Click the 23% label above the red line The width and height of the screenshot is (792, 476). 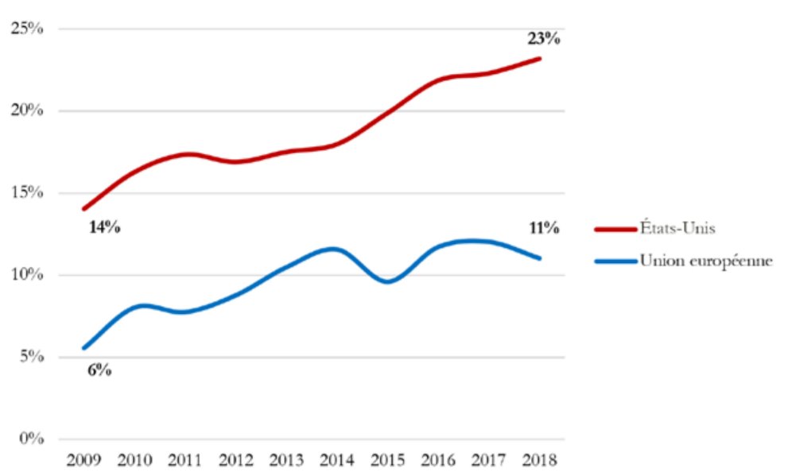pos(544,39)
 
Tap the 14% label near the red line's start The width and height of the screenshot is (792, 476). pos(104,227)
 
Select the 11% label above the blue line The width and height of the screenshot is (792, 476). pos(544,228)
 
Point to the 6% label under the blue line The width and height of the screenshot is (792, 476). pos(99,370)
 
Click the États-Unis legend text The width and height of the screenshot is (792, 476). pos(677,227)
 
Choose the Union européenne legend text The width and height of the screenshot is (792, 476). pos(706,261)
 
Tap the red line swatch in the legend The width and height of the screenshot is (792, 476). pos(615,229)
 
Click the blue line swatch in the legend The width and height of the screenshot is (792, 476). pos(615,261)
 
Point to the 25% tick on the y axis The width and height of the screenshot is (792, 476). pos(27,29)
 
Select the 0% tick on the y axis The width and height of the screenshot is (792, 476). pos(32,439)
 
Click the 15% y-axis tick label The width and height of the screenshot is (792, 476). pos(27,192)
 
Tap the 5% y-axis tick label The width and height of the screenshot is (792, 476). pos(32,356)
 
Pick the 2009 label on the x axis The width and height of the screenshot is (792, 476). pos(83,460)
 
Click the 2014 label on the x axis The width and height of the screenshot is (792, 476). pos(337,460)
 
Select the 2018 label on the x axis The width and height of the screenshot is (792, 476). pos(539,460)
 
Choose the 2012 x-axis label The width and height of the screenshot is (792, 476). pos(236,460)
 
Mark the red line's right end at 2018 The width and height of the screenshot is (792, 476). pos(539,59)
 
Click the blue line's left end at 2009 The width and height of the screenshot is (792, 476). pos(84,348)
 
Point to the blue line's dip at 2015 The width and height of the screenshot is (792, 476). pos(387,281)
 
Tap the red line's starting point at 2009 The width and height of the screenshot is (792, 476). pos(84,208)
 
